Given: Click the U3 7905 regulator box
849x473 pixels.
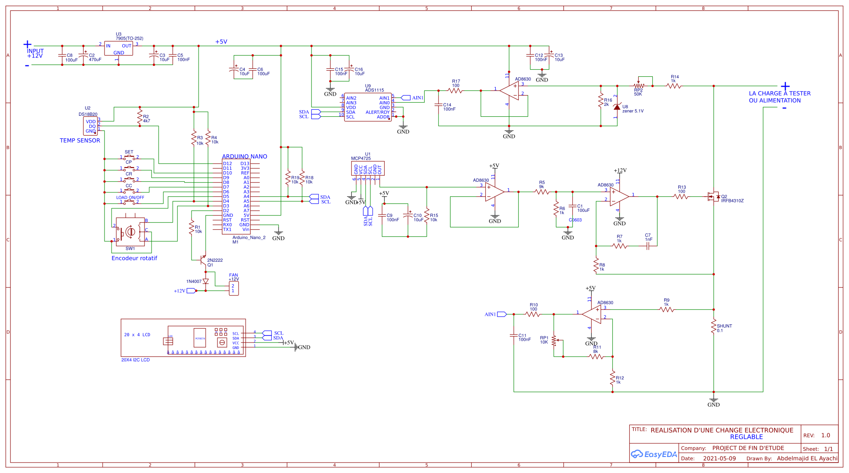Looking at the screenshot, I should (119, 48).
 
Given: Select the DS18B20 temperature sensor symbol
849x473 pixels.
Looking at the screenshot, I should (91, 126).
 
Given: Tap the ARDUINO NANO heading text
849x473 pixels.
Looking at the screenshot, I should (244, 156).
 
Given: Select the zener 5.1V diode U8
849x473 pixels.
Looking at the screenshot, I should (617, 107).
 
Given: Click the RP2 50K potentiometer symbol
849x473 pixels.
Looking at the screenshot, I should (638, 86).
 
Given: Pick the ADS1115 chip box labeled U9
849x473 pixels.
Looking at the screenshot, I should (368, 107).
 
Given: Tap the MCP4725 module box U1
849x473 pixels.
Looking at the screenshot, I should (367, 169).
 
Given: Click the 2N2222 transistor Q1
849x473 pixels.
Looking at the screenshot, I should (204, 259).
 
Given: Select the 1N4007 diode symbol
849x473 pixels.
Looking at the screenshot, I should (206, 281).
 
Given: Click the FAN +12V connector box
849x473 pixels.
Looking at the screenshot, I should (234, 289).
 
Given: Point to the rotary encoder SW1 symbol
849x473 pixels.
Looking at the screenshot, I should (130, 232).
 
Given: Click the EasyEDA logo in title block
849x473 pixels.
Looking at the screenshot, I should (653, 454).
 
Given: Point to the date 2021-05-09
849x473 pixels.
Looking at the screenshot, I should (719, 458).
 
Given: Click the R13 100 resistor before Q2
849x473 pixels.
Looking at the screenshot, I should (681, 197).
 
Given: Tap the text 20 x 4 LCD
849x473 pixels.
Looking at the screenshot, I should (137, 335).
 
